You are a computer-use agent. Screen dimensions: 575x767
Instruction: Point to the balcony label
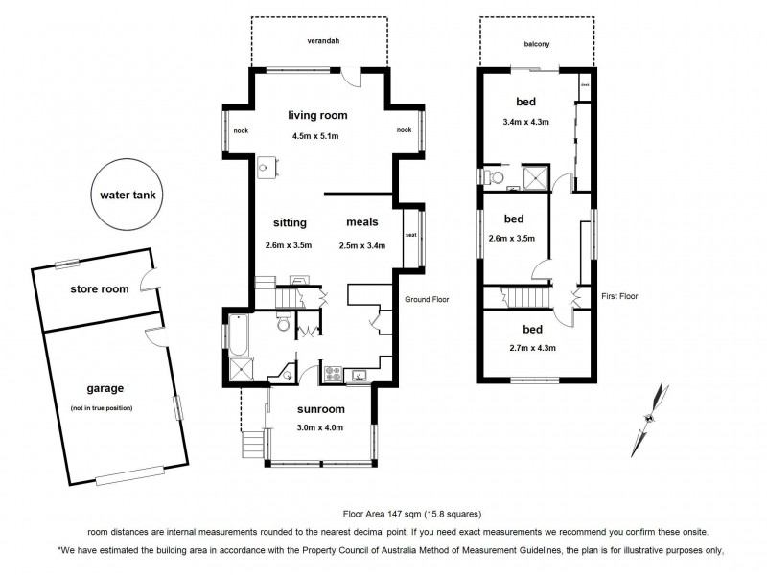tap(537, 42)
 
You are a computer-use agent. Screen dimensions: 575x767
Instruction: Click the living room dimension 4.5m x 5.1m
tap(316, 136)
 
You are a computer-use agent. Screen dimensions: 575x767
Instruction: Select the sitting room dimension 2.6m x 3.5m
tap(289, 245)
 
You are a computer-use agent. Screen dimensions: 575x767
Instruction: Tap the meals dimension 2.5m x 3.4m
tap(361, 245)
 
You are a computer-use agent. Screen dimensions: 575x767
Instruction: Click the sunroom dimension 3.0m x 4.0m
tap(319, 427)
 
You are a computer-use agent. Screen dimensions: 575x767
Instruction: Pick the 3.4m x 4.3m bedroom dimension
tap(525, 122)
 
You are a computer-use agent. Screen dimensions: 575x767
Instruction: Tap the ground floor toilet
tap(282, 326)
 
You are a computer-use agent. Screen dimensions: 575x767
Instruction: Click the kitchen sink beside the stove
tap(361, 373)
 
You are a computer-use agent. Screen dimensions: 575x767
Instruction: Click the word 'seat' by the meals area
tap(409, 235)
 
